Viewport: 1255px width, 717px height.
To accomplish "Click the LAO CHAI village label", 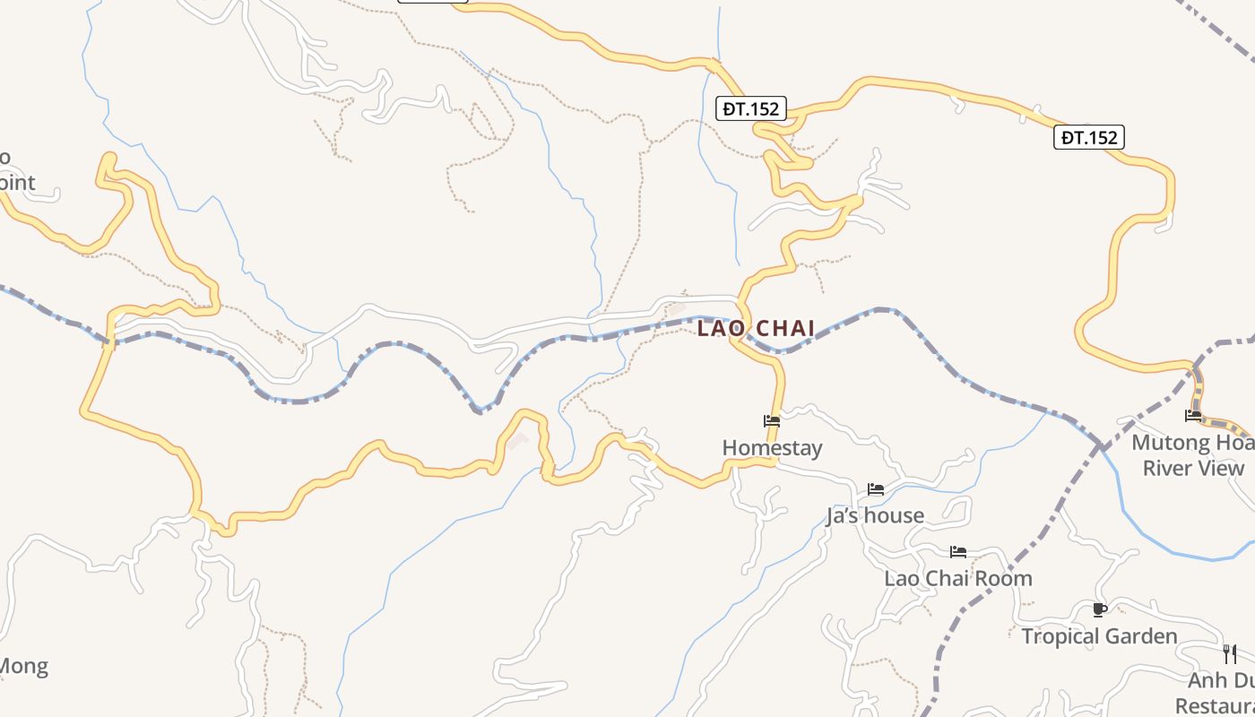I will point(757,328).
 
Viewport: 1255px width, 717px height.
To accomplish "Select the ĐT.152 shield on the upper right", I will point(1089,137).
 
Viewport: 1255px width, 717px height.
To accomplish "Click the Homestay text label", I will point(772,447).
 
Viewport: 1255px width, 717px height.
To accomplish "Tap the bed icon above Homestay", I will point(772,420).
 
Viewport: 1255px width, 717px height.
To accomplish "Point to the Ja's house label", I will point(875,515).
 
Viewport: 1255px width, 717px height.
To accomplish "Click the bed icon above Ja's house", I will point(876,489).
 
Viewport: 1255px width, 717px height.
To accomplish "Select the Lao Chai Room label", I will point(958,578).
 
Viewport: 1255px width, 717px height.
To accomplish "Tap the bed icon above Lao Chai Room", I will point(958,551).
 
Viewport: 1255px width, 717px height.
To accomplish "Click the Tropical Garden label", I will point(1099,636).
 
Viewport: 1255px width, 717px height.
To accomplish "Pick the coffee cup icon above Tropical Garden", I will point(1099,610).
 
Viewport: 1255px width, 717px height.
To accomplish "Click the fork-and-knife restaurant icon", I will point(1230,653).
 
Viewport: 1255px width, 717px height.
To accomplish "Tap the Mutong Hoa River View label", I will point(1192,455).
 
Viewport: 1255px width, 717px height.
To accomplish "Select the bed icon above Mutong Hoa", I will point(1193,415).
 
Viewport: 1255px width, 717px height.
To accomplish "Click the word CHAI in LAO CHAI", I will point(785,328).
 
